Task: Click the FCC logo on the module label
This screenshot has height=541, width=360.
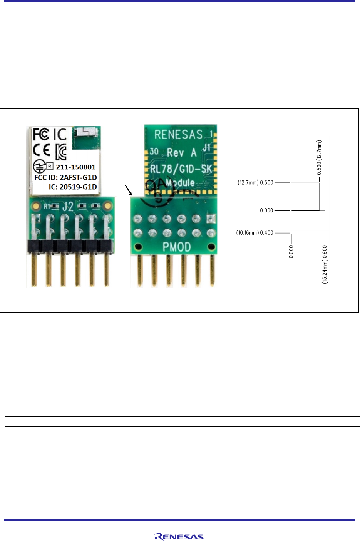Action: point(41,134)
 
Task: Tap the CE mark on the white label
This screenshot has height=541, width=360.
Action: point(42,150)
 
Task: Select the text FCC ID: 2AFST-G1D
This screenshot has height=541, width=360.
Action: point(65,177)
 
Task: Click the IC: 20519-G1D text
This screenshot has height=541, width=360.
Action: point(73,187)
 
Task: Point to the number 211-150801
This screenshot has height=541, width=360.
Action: point(75,167)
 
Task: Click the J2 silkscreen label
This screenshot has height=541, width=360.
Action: point(68,207)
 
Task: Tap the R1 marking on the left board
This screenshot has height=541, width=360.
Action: point(47,206)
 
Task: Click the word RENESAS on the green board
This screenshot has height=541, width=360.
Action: point(178,135)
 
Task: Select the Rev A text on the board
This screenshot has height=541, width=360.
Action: point(181,153)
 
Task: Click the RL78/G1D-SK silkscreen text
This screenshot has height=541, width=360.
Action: point(181,169)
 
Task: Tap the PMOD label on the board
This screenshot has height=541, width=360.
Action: point(176,247)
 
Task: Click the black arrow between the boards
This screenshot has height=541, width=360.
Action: point(129,190)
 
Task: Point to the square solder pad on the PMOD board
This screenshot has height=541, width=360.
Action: point(211,219)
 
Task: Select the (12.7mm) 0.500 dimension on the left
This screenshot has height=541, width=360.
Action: point(255,182)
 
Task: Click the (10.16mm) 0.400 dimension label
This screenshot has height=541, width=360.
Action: point(255,233)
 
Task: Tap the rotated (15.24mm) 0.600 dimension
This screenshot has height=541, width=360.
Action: point(325,264)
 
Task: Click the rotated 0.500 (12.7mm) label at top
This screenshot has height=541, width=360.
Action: point(319,157)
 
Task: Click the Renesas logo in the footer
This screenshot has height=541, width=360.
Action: point(179,537)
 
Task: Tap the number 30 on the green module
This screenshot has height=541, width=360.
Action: point(154,151)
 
